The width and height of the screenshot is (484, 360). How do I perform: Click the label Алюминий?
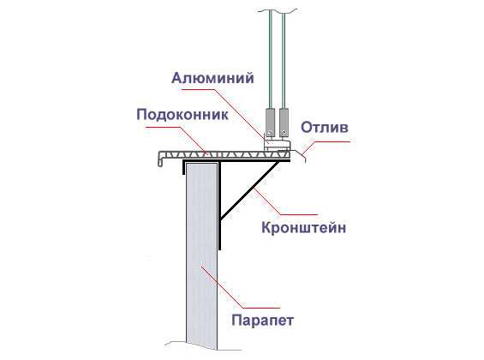[212, 78]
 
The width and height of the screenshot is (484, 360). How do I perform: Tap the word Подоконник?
[182, 115]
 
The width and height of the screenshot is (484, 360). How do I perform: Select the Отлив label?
[325, 127]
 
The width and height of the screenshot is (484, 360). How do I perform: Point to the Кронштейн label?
[304, 228]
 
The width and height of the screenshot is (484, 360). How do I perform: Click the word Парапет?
[262, 321]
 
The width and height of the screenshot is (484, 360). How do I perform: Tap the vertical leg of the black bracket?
[220, 206]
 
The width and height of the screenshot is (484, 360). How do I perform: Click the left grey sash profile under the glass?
[270, 122]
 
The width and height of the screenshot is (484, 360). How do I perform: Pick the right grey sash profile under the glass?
[284, 122]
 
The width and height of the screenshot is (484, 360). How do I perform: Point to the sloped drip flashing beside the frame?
[299, 155]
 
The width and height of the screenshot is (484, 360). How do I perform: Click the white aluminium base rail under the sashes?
[277, 144]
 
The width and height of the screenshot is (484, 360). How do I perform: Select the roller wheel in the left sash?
[271, 133]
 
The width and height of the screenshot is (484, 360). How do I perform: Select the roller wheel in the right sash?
[284, 133]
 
